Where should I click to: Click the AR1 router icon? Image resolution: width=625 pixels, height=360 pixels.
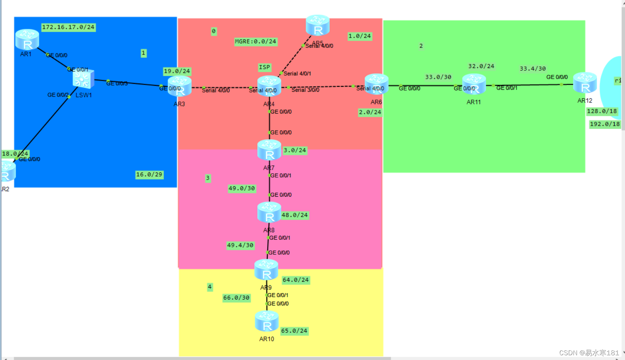[x=27, y=40]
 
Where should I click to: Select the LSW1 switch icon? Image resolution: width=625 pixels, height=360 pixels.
[x=83, y=79]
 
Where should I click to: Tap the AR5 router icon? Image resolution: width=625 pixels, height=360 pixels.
[x=317, y=25]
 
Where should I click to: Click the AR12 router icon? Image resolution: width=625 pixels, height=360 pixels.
[x=585, y=83]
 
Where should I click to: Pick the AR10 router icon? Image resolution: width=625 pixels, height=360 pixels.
[x=266, y=321]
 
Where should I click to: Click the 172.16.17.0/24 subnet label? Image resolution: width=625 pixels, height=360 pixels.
[x=68, y=27]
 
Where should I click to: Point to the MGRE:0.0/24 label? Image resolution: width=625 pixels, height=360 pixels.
[x=255, y=42]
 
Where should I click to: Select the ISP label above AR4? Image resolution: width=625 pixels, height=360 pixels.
[x=264, y=67]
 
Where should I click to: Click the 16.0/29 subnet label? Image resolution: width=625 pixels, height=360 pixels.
[x=149, y=174]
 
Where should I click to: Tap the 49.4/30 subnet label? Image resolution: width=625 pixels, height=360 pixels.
[x=240, y=245]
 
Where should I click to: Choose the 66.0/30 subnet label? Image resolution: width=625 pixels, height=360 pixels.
[x=236, y=298]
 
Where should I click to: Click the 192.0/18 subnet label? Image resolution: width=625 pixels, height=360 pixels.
[x=604, y=124]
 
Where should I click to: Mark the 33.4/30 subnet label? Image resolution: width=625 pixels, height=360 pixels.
[x=532, y=69]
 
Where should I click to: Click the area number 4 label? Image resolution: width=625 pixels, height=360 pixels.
[x=209, y=287]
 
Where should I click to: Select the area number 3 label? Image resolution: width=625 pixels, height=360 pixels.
[x=207, y=178]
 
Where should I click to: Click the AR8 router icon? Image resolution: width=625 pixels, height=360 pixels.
[x=269, y=212]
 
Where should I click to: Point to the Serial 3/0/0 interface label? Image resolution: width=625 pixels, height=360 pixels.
[x=305, y=90]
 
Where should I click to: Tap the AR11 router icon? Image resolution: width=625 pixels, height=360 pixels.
[x=474, y=84]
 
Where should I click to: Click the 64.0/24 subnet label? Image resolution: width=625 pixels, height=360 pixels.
[x=296, y=280]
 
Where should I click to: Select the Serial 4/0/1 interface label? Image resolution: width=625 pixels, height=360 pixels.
[x=297, y=74]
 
